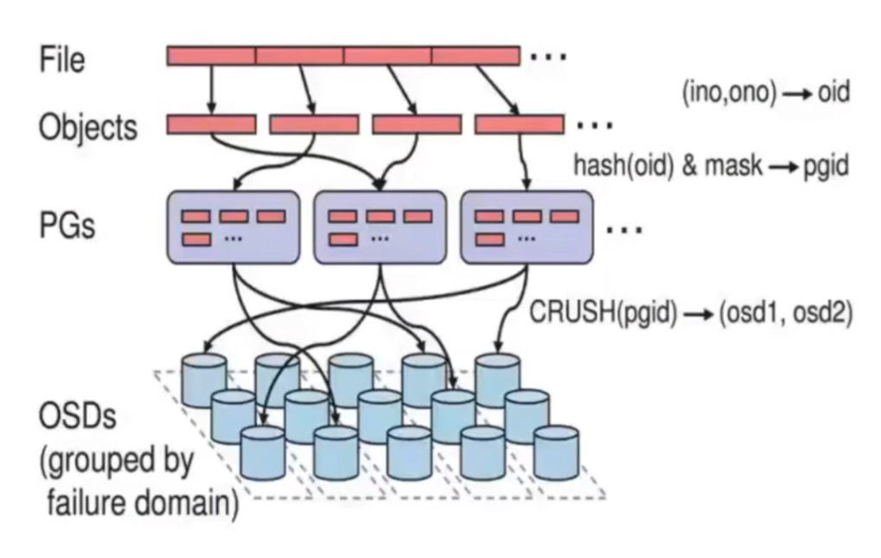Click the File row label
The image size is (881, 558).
(x=62, y=61)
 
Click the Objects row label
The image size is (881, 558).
(x=87, y=127)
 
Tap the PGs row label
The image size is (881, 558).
(x=67, y=226)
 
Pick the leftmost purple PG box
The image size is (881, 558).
(x=233, y=227)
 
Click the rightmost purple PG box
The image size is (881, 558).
(x=527, y=227)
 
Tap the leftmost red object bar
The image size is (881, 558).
(x=211, y=125)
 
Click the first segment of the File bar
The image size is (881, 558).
(x=211, y=56)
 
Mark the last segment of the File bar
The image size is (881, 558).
(x=476, y=56)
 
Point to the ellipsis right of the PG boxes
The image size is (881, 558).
(x=624, y=230)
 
